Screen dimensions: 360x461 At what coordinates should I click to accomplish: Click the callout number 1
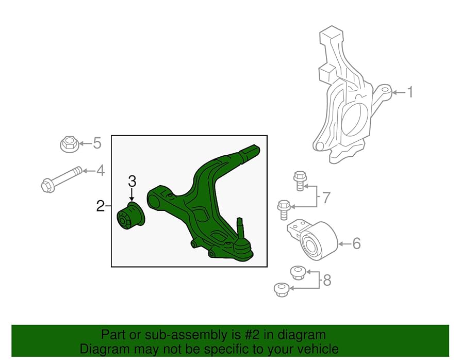pos(410,92)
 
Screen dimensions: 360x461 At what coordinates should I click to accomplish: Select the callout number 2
pos(101,206)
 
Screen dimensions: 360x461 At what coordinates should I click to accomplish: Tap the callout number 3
pos(132,181)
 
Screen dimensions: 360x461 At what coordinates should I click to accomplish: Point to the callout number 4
pos(100,170)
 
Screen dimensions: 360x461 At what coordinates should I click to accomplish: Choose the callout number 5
pos(97,143)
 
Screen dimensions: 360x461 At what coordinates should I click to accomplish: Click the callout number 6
pos(356,243)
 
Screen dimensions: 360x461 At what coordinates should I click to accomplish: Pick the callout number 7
pos(326,197)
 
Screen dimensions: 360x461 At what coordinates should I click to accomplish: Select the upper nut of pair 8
pos(297,271)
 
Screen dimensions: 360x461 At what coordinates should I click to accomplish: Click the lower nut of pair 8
pos(280,289)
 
